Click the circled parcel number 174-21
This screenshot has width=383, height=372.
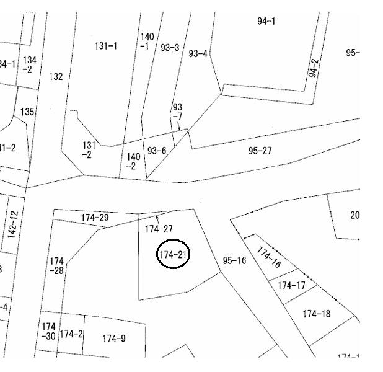tap(174, 254)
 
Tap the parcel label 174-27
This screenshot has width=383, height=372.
tap(159, 229)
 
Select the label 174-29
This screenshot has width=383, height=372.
tap(95, 218)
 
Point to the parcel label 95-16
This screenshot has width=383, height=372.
tap(234, 260)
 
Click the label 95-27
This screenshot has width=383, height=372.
tap(260, 151)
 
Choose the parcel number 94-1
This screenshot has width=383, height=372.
tap(266, 21)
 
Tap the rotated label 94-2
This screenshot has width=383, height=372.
tap(313, 68)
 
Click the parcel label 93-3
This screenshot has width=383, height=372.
tap(170, 48)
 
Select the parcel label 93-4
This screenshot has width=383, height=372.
tap(198, 54)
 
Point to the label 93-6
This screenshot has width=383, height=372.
tap(156, 151)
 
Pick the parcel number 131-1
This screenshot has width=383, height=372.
tap(106, 46)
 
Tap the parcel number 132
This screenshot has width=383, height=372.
tap(56, 77)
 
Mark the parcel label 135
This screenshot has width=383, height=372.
tap(27, 112)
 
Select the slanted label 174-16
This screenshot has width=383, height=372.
tap(268, 258)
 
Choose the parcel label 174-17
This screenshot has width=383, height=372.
tap(291, 286)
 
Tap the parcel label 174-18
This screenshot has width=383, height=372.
tap(316, 314)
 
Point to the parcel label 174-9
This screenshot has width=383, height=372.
tap(114, 339)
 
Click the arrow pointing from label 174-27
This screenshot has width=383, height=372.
tap(157, 218)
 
